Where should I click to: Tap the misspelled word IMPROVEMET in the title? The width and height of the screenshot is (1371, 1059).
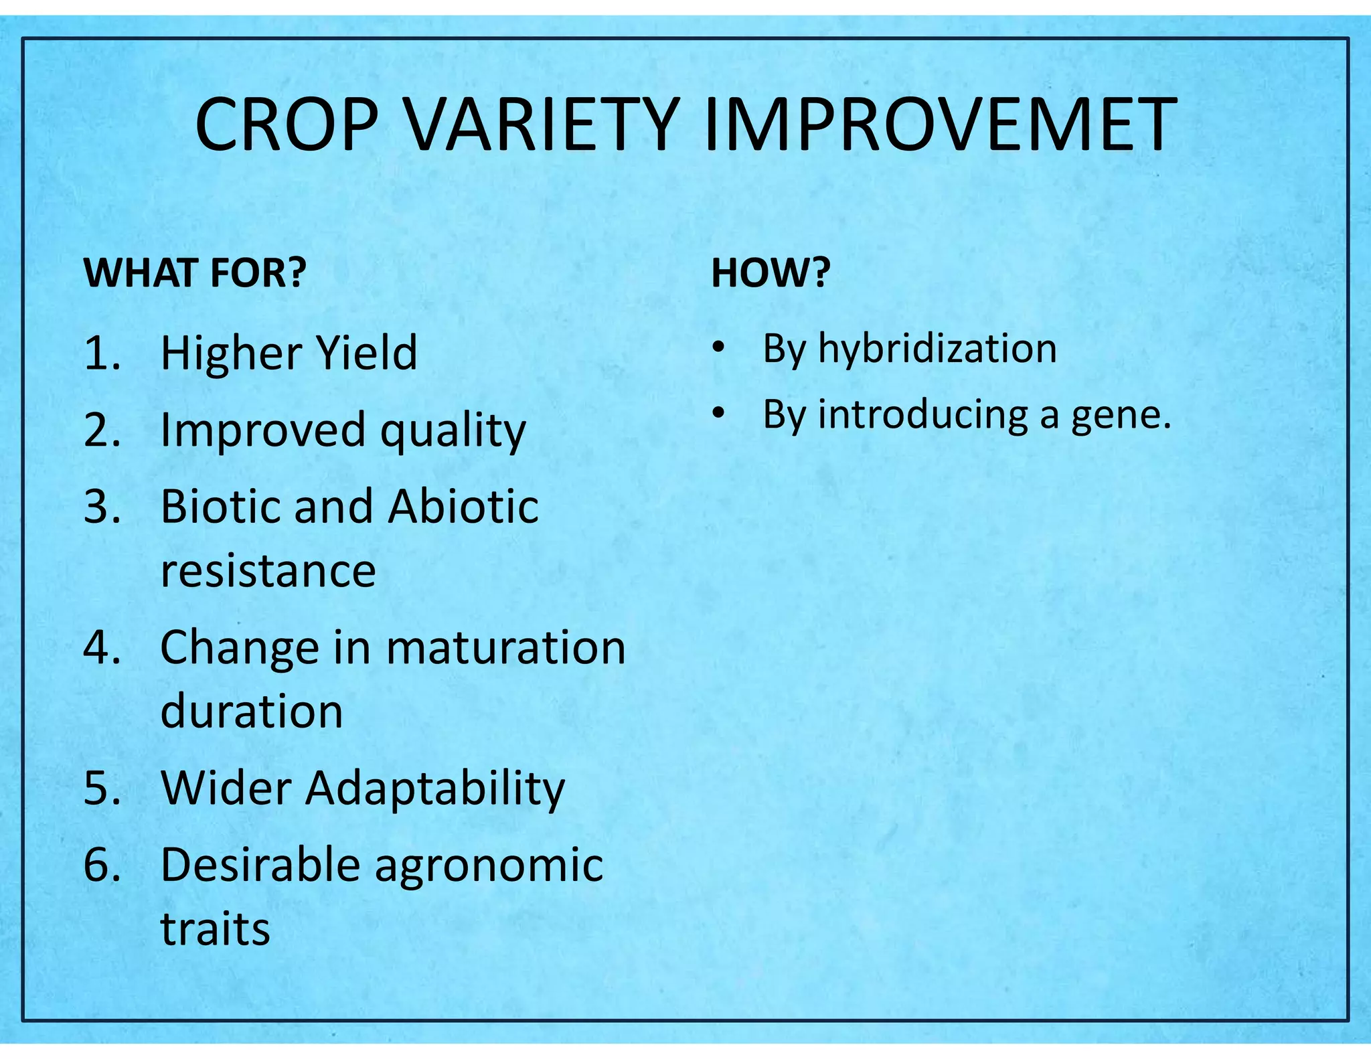[941, 125]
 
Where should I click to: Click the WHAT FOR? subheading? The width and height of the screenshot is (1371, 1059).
[195, 272]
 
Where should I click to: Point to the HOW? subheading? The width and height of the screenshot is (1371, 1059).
[771, 272]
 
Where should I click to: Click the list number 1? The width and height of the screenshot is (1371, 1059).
[102, 353]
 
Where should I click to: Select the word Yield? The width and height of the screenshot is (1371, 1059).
[366, 353]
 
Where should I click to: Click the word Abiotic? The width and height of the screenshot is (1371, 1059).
[463, 506]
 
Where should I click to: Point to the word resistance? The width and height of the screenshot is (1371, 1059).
[268, 571]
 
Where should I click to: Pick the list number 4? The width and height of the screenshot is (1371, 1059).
[102, 647]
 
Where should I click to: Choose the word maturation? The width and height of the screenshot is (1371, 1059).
[506, 647]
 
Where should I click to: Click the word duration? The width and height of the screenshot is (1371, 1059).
[252, 710]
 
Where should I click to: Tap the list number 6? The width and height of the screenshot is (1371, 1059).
[102, 864]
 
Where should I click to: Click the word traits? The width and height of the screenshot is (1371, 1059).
[215, 929]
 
